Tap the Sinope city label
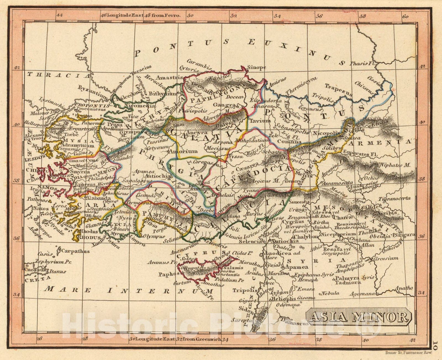[x=256, y=67]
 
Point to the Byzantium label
[x=89, y=89]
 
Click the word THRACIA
[x=59, y=75]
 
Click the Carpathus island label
[x=75, y=251]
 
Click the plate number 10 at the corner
[x=435, y=346]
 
